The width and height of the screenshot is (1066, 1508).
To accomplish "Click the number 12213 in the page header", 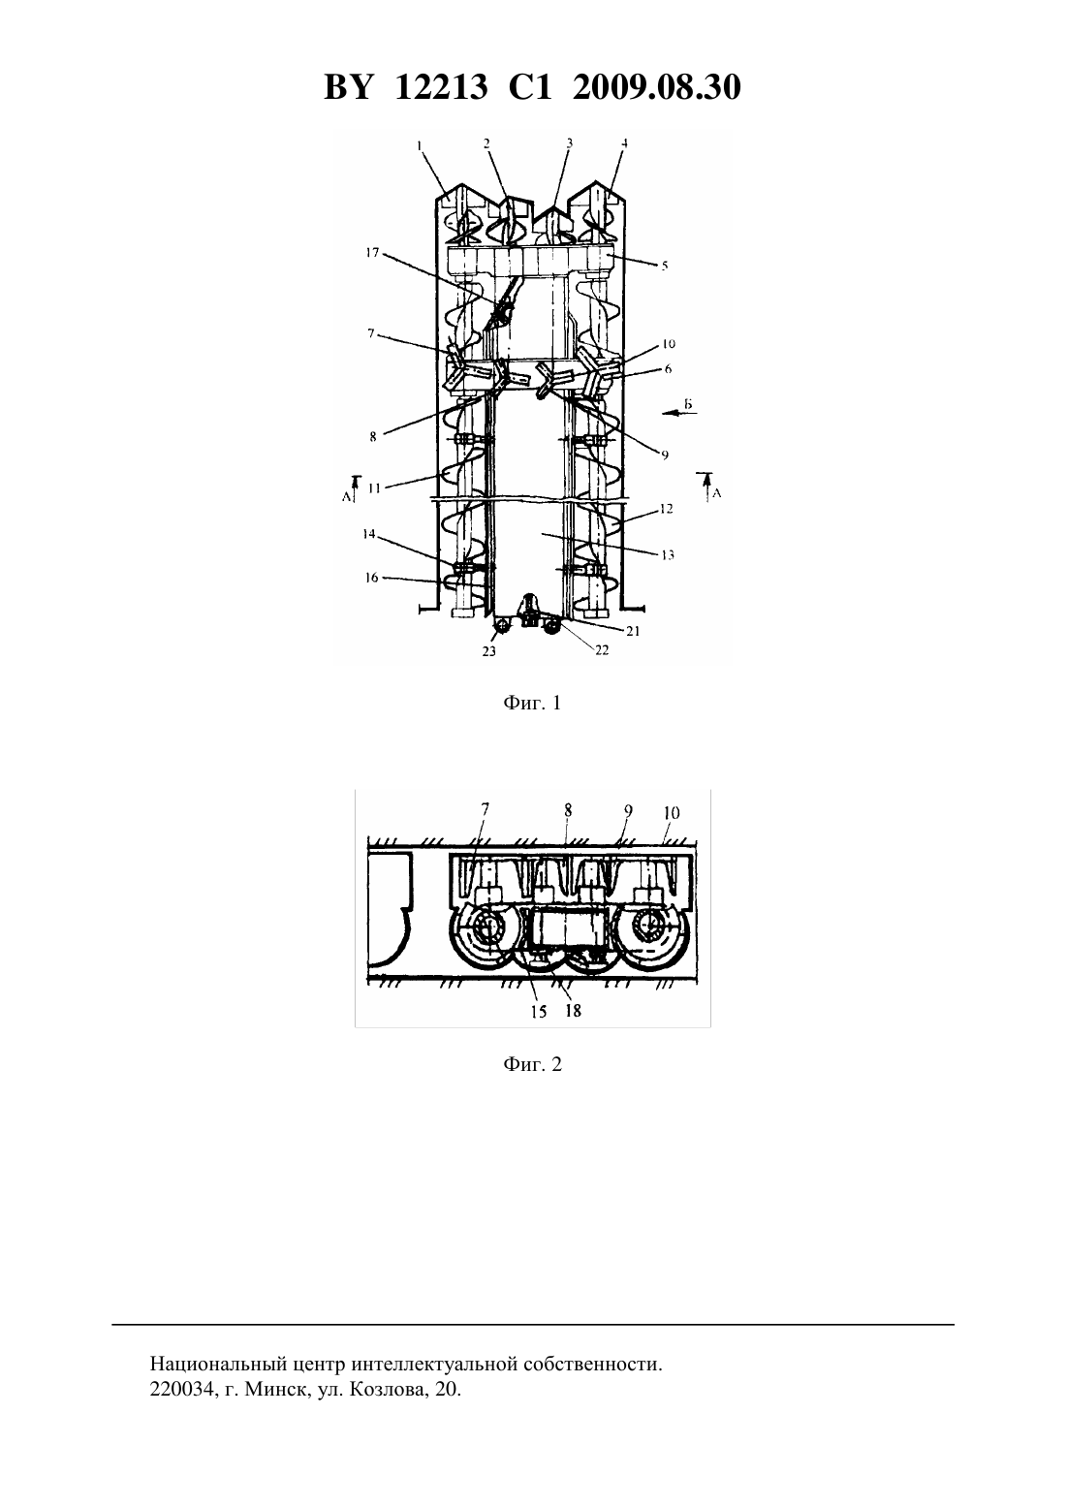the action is click(441, 87).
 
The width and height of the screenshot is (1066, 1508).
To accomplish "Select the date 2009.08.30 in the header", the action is click(657, 87).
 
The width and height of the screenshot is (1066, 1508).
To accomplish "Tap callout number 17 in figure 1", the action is click(372, 253).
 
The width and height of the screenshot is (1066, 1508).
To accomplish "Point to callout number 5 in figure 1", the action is click(664, 266).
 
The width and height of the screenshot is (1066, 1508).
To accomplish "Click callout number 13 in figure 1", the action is click(668, 554).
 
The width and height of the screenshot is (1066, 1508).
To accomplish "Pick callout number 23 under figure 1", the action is click(489, 651).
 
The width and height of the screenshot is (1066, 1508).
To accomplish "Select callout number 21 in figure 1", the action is click(633, 631).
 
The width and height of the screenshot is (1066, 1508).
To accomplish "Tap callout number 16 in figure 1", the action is click(372, 578).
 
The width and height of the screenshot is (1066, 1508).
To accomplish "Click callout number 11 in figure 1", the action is click(375, 488).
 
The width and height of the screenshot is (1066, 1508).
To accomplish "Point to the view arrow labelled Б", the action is click(679, 414).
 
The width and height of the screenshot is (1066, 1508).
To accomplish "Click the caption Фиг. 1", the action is click(532, 704).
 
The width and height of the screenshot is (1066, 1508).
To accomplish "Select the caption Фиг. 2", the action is click(532, 1064).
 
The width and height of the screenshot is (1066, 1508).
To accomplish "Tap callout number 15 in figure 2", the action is click(539, 1011).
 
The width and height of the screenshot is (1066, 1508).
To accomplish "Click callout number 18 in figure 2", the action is click(573, 1011).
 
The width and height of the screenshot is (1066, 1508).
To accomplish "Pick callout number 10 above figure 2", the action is click(671, 812).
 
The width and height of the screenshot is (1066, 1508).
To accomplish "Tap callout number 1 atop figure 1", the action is click(419, 144).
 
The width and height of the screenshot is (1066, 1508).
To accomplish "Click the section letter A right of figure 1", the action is click(717, 493).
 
